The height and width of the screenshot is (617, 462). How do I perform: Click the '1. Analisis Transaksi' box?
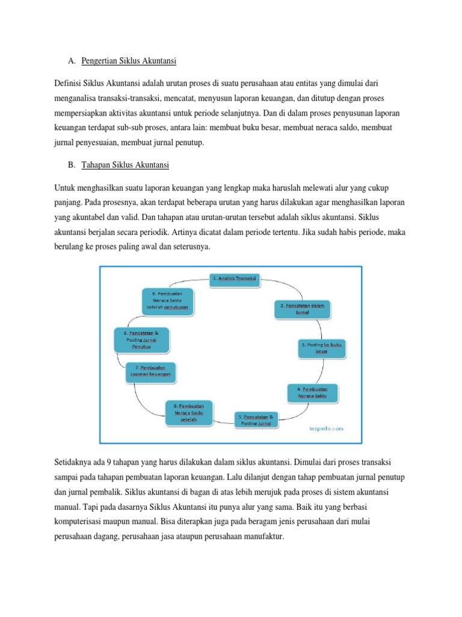coord(235,278)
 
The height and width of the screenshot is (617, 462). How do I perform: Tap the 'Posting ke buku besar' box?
coord(324,348)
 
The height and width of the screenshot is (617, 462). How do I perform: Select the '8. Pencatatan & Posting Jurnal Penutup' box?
coord(141,340)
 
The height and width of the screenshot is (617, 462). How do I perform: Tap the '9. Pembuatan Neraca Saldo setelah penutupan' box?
coord(170,299)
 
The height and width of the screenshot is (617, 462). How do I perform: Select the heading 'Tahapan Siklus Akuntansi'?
coord(125,164)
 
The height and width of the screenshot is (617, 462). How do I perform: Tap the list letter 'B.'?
coord(71,164)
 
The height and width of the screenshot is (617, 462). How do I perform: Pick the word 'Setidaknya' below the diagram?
coord(74,462)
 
